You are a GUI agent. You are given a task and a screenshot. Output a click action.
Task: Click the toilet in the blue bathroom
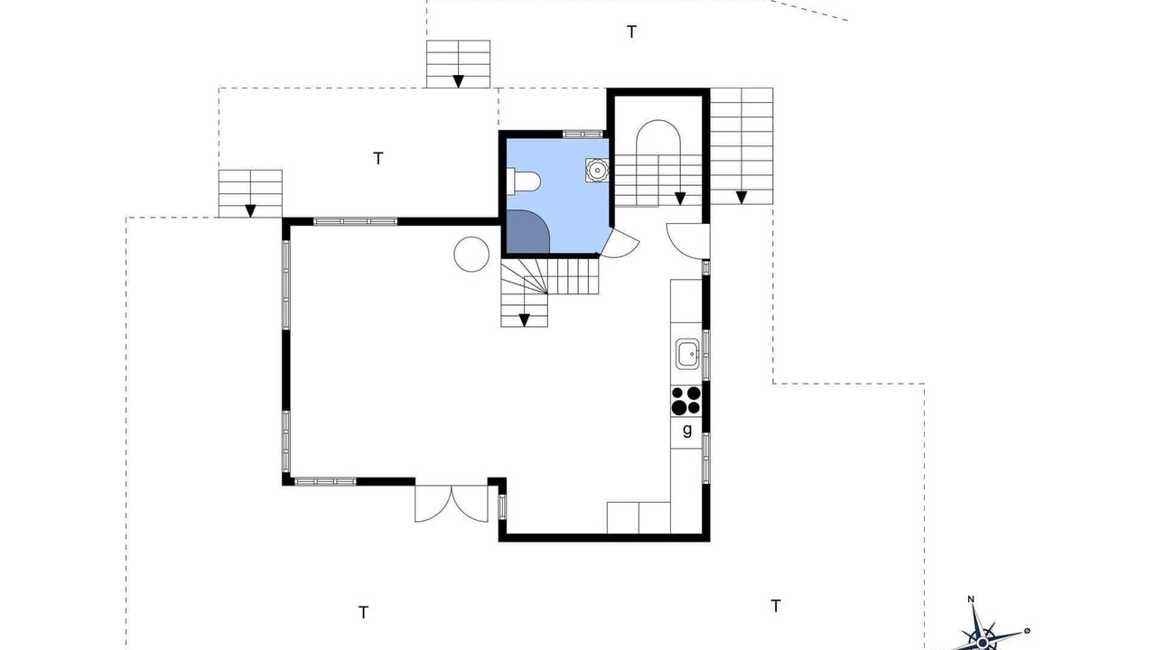(x=523, y=181)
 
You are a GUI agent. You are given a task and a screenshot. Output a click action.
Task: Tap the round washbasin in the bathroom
(x=597, y=170)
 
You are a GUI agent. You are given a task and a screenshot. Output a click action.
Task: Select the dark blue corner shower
(x=528, y=232)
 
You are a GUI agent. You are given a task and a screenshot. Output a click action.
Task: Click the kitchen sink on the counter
(x=687, y=353)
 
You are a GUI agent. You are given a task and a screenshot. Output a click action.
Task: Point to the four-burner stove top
(x=686, y=401)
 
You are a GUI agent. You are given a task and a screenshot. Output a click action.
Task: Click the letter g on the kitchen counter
(x=687, y=430)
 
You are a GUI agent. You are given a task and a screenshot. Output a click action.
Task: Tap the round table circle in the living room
(x=471, y=255)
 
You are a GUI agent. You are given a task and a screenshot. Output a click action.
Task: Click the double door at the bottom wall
(x=452, y=503)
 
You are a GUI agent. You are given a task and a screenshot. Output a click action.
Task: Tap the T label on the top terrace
(x=631, y=32)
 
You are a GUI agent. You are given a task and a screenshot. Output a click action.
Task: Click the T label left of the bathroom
(x=378, y=158)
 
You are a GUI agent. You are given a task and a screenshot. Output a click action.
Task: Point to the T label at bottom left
(x=363, y=612)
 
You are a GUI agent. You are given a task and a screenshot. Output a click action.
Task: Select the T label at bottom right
(x=776, y=606)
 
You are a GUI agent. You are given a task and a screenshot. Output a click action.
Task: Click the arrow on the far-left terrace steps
(x=250, y=210)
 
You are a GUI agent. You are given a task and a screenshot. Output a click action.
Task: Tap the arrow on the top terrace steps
(x=458, y=81)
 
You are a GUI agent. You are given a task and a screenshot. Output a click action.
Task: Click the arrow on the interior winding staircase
(x=525, y=320)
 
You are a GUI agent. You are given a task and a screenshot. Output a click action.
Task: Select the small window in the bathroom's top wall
(x=583, y=135)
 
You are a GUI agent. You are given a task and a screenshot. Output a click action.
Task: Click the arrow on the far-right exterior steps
(x=741, y=197)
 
